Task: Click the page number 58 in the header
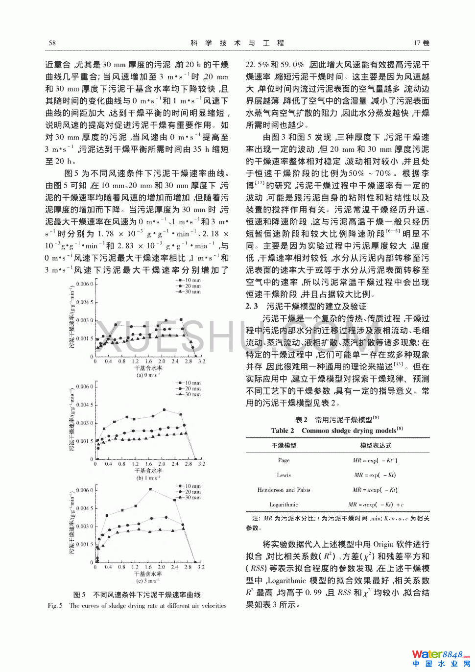point(52,43)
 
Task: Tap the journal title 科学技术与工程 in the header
point(237,43)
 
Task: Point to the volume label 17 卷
point(421,43)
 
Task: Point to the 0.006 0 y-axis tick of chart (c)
point(84,490)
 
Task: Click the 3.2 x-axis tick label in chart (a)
point(201,361)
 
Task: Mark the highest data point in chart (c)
point(150,489)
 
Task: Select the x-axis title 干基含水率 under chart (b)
point(148,471)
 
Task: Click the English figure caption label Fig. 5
point(55,606)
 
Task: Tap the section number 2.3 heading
point(252,306)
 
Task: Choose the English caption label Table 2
point(283,431)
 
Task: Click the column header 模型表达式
point(376,445)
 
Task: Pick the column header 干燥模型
point(284,445)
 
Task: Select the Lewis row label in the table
point(284,475)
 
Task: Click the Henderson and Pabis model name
point(284,490)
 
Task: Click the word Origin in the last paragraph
point(383,544)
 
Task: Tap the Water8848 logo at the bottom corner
point(441,658)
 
